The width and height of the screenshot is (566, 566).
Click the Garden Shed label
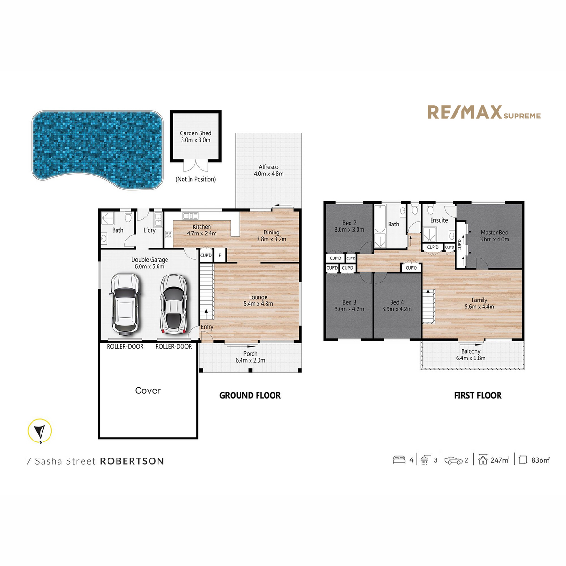tap(195, 136)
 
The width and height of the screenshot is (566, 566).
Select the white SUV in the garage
tap(125, 305)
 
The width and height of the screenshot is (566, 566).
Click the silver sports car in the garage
tap(173, 304)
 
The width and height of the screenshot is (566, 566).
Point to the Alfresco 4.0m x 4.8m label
tap(268, 170)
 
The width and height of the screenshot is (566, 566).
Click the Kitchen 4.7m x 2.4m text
tap(201, 230)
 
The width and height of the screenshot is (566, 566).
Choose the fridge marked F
tap(219, 256)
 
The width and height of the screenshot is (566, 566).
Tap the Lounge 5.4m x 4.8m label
tap(258, 300)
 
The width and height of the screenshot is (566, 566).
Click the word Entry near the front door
tap(207, 327)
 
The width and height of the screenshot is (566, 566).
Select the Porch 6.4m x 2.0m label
tap(250, 357)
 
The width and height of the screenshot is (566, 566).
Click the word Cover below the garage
tap(148, 391)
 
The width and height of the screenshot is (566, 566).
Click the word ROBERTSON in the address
tap(132, 461)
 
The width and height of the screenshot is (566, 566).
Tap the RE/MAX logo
tap(483, 113)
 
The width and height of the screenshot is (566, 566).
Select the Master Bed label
tap(494, 235)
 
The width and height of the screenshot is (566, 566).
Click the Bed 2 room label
tap(349, 226)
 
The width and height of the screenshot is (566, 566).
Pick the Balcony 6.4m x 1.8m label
tap(471, 355)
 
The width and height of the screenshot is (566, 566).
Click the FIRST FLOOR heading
tap(477, 396)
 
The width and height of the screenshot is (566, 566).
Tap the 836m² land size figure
tap(540, 460)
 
